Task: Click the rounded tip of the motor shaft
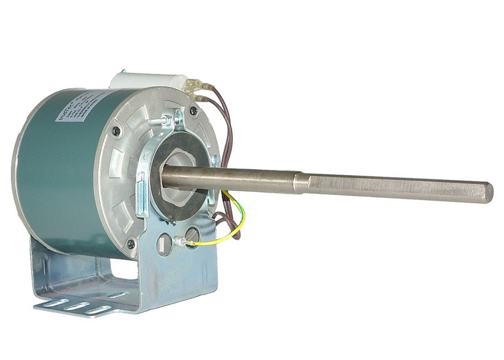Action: click(488, 193)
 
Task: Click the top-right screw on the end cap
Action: click(193, 110)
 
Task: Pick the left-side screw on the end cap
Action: click(115, 131)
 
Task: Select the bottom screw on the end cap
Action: click(130, 244)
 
